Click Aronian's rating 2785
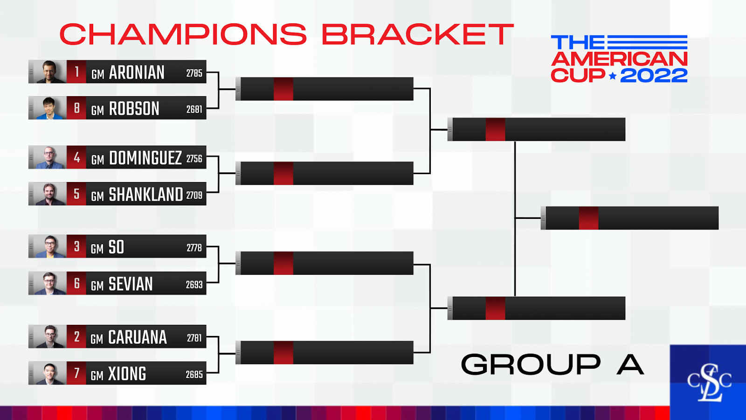tap(194, 73)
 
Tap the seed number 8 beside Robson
tap(76, 108)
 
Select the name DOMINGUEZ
tap(145, 158)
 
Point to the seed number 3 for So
tap(76, 247)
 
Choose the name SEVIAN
tap(131, 284)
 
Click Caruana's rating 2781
tap(194, 338)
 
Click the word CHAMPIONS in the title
tap(183, 34)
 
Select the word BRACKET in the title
tap(418, 34)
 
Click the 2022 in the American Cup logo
tap(654, 75)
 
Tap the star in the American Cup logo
tap(613, 76)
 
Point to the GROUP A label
tap(552, 364)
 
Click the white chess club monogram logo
tap(709, 383)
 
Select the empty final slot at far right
tap(629, 218)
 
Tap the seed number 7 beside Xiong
tap(76, 373)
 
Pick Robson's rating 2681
tap(194, 109)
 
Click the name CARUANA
tap(137, 337)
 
